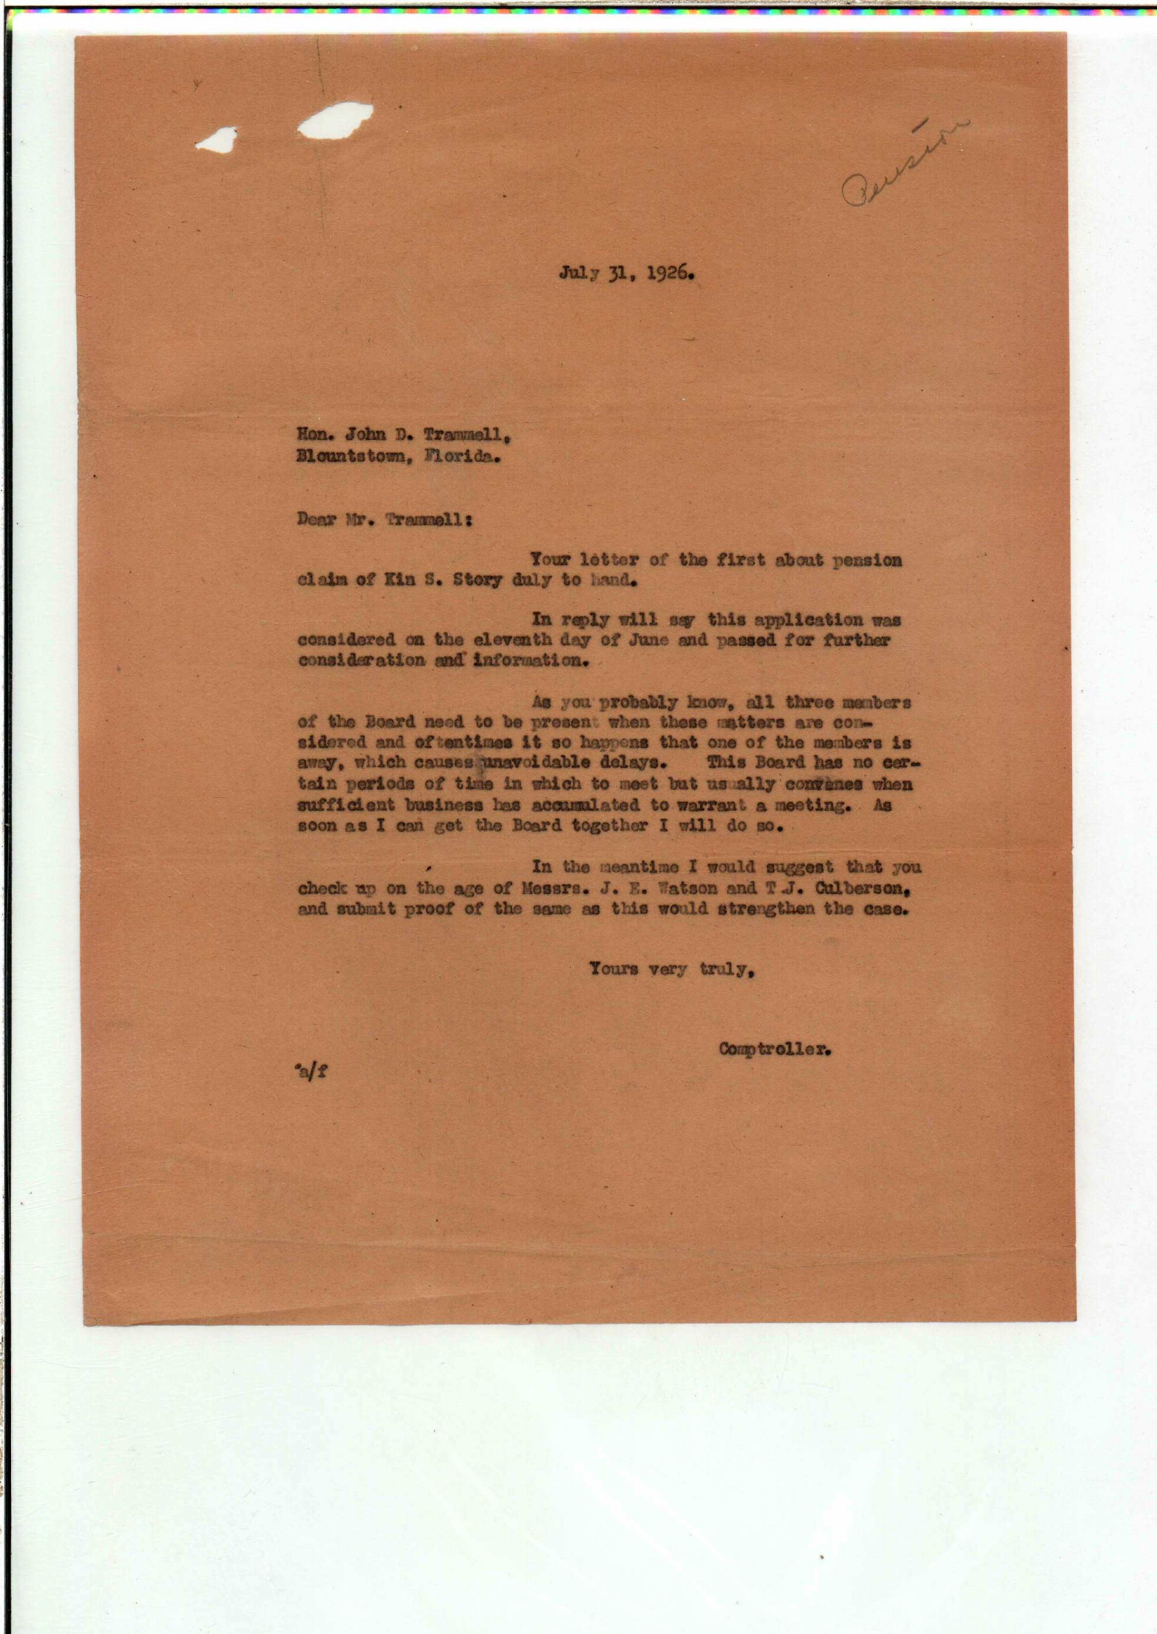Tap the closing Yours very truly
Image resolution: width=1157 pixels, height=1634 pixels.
pyautogui.click(x=672, y=968)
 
